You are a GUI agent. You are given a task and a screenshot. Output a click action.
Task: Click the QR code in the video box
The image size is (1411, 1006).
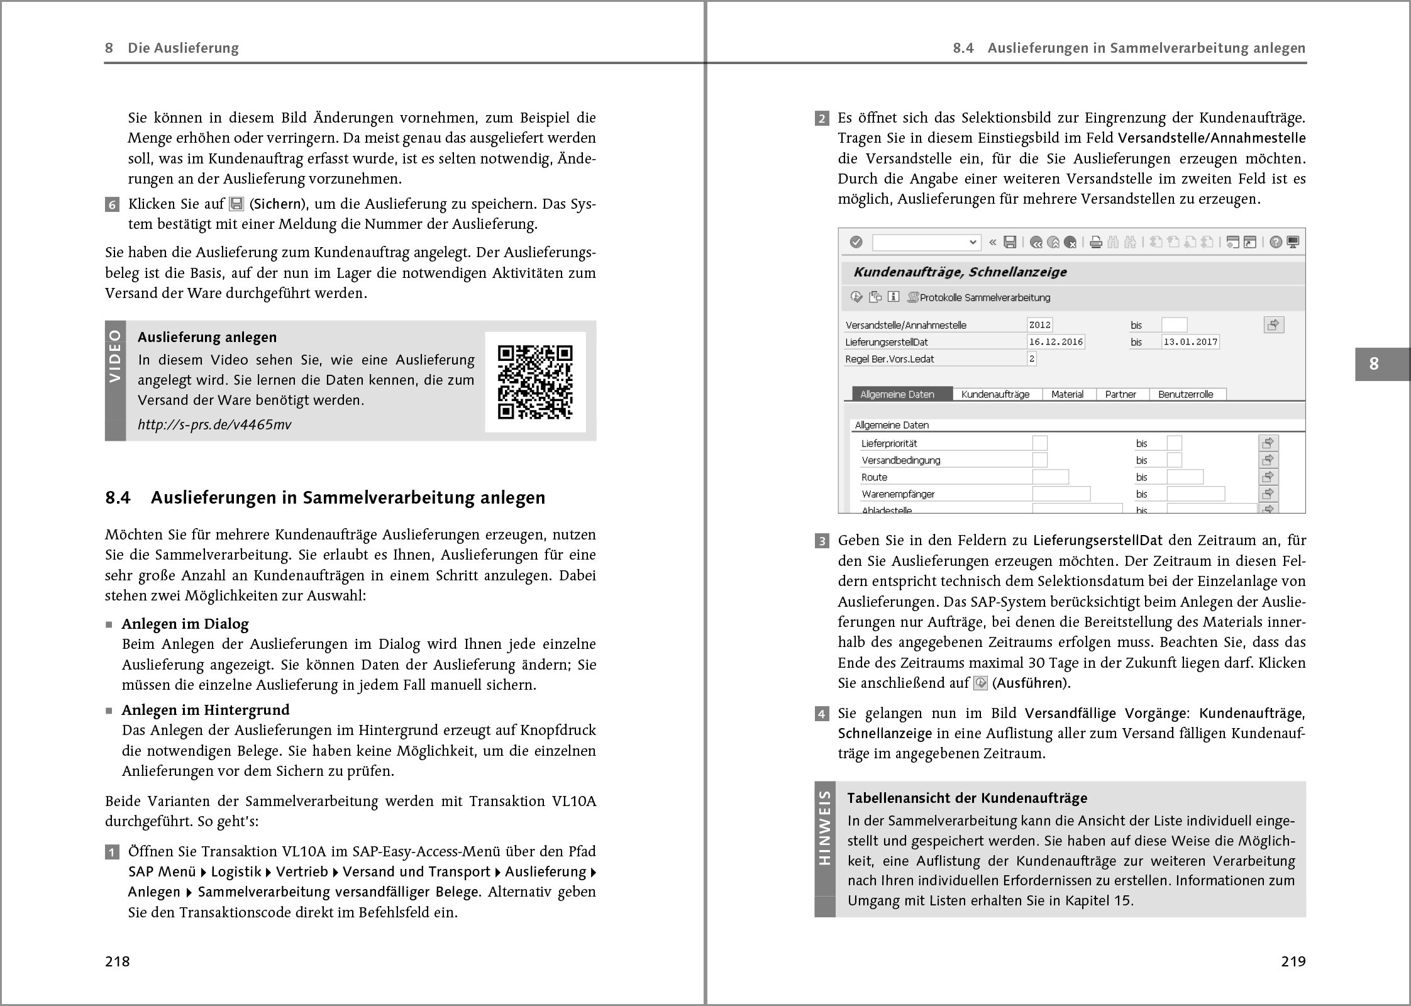(535, 382)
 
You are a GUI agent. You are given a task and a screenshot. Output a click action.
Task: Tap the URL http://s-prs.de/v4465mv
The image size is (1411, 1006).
(214, 424)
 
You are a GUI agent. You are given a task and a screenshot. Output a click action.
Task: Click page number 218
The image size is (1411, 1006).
(118, 961)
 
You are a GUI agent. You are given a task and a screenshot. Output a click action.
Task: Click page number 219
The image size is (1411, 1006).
(1293, 961)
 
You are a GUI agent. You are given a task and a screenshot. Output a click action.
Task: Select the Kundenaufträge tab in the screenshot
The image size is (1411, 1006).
(995, 394)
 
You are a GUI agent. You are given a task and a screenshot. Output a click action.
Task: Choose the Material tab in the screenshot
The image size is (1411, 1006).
(1067, 394)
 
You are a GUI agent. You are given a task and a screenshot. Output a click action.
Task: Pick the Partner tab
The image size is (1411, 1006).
(1120, 394)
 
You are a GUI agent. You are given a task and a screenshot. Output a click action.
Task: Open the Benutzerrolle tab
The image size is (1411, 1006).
(1185, 394)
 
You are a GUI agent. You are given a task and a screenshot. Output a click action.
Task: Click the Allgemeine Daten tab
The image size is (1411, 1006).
(897, 394)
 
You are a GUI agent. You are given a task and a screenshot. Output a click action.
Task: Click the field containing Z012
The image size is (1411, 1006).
(1039, 325)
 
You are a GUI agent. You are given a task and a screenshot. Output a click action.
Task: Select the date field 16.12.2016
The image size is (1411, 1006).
(1055, 342)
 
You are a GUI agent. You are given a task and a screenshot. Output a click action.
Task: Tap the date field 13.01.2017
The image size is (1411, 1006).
(1190, 342)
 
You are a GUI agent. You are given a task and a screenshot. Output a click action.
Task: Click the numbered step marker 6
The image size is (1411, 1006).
(112, 204)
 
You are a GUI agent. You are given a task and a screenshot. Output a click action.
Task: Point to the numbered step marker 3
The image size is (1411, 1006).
(822, 541)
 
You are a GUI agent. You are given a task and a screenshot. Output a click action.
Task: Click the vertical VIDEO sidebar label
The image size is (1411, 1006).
(115, 355)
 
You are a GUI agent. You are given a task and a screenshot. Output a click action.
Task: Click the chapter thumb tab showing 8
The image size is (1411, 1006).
(1374, 363)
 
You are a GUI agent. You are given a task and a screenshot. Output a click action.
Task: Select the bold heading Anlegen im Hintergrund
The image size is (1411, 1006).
(206, 710)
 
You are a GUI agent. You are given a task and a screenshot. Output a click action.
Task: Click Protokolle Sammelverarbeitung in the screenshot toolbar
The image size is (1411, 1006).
(985, 297)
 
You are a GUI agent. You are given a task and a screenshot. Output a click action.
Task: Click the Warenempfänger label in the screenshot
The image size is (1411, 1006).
(898, 494)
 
